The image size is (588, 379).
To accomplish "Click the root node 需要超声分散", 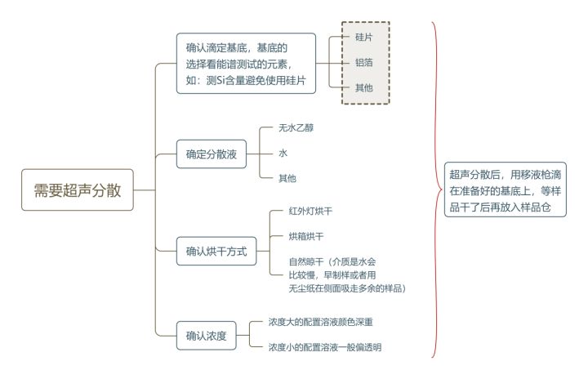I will click(78, 190).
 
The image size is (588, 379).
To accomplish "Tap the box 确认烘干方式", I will click(216, 250).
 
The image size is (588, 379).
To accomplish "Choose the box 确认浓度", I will click(206, 334).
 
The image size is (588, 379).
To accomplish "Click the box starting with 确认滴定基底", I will click(246, 63).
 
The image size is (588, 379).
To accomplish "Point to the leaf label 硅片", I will click(364, 38).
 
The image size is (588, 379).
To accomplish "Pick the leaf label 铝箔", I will click(364, 63).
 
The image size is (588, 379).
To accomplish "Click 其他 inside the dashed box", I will click(364, 87).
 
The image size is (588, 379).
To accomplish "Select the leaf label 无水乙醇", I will click(296, 128).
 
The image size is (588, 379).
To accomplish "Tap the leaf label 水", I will click(283, 153).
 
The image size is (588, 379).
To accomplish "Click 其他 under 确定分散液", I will click(287, 177).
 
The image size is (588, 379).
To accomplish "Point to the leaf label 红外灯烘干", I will click(310, 211).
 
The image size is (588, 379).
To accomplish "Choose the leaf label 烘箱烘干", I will click(306, 236).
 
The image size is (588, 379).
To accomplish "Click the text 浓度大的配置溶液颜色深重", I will click(320, 322).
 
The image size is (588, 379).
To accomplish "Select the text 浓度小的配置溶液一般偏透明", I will click(325, 347).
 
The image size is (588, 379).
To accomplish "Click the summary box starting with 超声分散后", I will click(506, 191).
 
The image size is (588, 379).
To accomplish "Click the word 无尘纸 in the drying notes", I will click(301, 288).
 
